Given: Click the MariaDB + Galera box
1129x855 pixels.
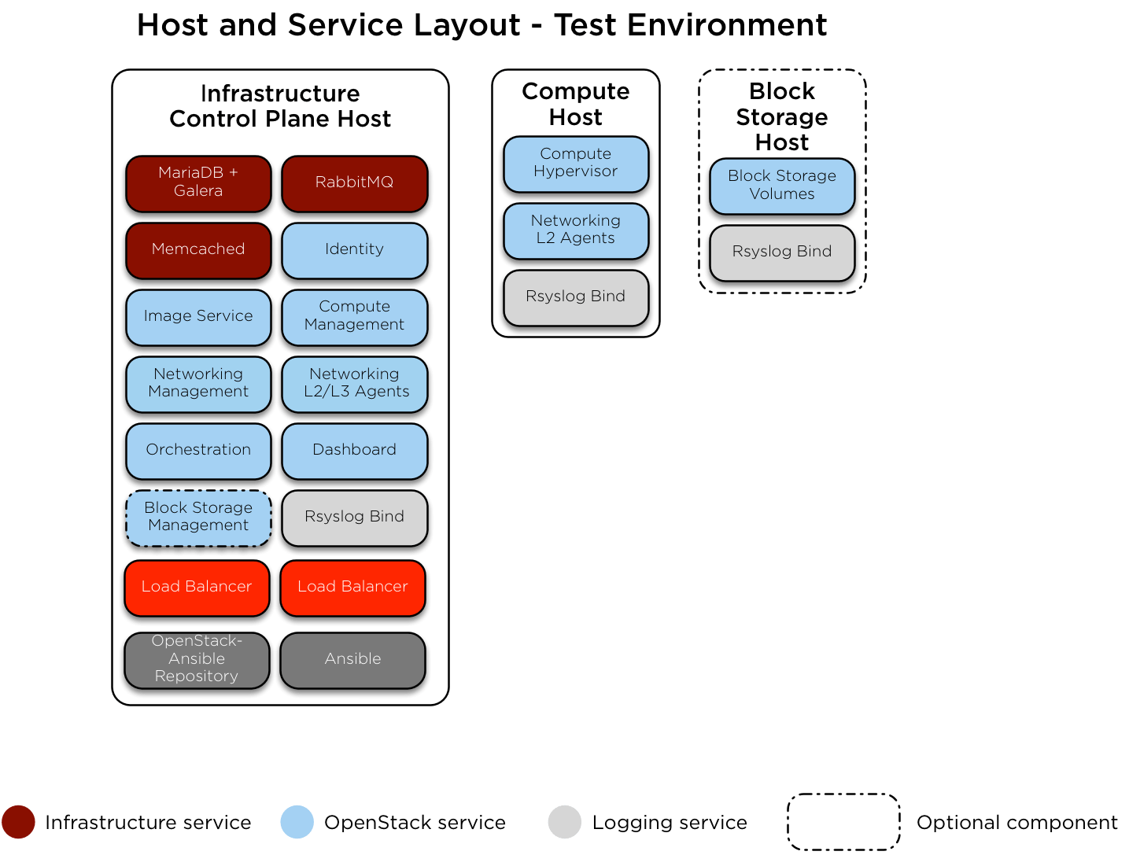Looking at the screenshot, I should [x=198, y=182].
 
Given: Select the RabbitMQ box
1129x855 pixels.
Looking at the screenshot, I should [x=354, y=182].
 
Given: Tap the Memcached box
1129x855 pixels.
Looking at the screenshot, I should [x=198, y=249].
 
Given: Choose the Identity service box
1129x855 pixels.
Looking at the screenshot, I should [x=354, y=249].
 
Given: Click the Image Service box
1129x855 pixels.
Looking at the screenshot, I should [x=198, y=316].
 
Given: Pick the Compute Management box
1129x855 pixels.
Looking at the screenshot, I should [x=354, y=316].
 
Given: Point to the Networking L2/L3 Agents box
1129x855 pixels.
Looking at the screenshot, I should [x=354, y=383].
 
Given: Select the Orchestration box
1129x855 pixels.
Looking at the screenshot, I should [x=198, y=450].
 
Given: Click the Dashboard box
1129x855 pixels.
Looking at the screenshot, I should [x=354, y=450].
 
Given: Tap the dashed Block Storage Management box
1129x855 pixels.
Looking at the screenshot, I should [x=198, y=517].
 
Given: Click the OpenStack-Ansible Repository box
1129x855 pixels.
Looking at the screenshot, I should [x=197, y=659].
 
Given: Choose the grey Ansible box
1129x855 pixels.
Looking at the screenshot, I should [x=352, y=659].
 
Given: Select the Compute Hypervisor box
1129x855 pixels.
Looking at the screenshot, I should [x=575, y=163].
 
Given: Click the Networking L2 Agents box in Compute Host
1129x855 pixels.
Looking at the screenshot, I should [x=575, y=230].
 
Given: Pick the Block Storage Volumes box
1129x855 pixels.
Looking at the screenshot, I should [x=781, y=185].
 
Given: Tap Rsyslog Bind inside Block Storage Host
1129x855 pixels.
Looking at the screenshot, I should [x=781, y=252].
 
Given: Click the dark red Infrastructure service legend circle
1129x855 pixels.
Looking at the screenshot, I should [x=18, y=822].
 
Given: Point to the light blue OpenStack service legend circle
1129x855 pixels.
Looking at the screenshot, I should [x=297, y=822].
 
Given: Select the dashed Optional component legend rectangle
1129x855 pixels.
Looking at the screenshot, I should [x=843, y=822].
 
